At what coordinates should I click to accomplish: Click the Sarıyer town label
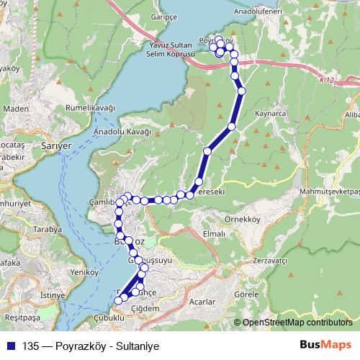click(57, 145)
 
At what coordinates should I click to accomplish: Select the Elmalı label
click(215, 234)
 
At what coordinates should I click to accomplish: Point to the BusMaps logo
click(325, 345)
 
